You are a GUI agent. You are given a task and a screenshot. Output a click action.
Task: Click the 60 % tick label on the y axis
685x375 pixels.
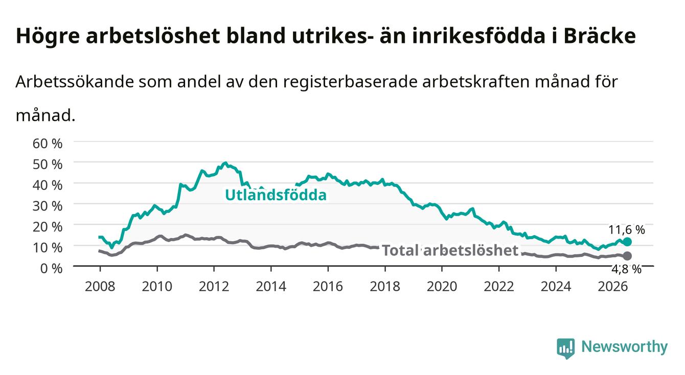[x=48, y=144]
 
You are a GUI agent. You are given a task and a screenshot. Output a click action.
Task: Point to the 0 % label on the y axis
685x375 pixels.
[x=51, y=268]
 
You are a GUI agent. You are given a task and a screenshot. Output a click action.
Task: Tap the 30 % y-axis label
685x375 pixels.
[x=48, y=206]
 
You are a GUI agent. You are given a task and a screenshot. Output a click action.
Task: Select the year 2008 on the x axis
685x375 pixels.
[x=100, y=287]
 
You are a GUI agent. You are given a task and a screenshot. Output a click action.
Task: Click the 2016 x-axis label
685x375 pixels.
[x=328, y=287]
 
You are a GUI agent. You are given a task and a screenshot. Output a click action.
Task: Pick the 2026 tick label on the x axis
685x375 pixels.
[x=613, y=287]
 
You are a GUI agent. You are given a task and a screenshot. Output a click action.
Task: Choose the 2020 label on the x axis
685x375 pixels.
[x=442, y=287]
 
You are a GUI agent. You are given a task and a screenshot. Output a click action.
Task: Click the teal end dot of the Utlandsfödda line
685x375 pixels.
[x=627, y=242]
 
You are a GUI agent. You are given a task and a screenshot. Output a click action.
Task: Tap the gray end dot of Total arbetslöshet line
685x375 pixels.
[x=627, y=255]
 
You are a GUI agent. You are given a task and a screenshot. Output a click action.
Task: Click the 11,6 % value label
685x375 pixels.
[x=627, y=229]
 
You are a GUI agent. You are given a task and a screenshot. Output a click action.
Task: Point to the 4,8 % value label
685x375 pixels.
[x=627, y=269]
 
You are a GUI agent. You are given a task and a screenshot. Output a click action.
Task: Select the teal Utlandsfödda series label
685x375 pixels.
[x=276, y=195]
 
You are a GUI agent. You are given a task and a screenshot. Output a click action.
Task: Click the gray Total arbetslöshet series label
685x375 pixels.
[x=450, y=250]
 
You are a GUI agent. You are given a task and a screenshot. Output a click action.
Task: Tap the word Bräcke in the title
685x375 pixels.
[x=600, y=36]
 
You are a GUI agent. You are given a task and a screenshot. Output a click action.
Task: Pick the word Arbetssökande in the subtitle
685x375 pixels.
[x=75, y=82]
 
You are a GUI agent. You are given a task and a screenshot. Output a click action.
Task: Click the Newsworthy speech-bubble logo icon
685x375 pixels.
[x=565, y=348]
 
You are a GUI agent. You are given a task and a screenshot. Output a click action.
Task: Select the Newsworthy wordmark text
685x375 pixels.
[x=625, y=347]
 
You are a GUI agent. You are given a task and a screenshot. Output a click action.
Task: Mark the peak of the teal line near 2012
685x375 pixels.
[x=225, y=163]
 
